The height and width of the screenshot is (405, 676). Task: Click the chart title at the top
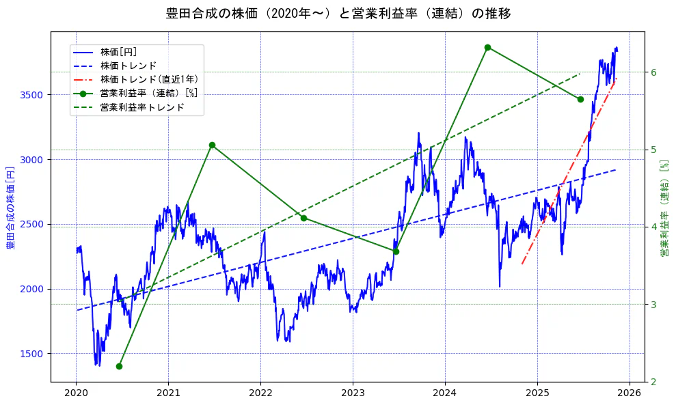tap(338, 14)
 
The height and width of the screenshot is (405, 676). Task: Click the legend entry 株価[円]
tap(119, 52)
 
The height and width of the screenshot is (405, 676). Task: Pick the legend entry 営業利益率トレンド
tap(142, 107)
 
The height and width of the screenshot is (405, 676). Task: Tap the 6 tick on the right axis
tap(653, 72)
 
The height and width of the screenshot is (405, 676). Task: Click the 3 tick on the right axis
tap(653, 305)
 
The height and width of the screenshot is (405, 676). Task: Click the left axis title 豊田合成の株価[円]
tap(11, 206)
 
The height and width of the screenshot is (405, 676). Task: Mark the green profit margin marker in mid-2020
tap(120, 366)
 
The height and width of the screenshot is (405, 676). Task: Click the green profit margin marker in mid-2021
tap(212, 145)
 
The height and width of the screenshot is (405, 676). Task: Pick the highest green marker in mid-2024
tap(487, 47)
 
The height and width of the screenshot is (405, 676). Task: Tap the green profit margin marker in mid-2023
tap(396, 251)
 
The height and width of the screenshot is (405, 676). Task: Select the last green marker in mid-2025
tap(580, 99)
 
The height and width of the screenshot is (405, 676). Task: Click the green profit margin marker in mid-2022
tap(303, 218)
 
